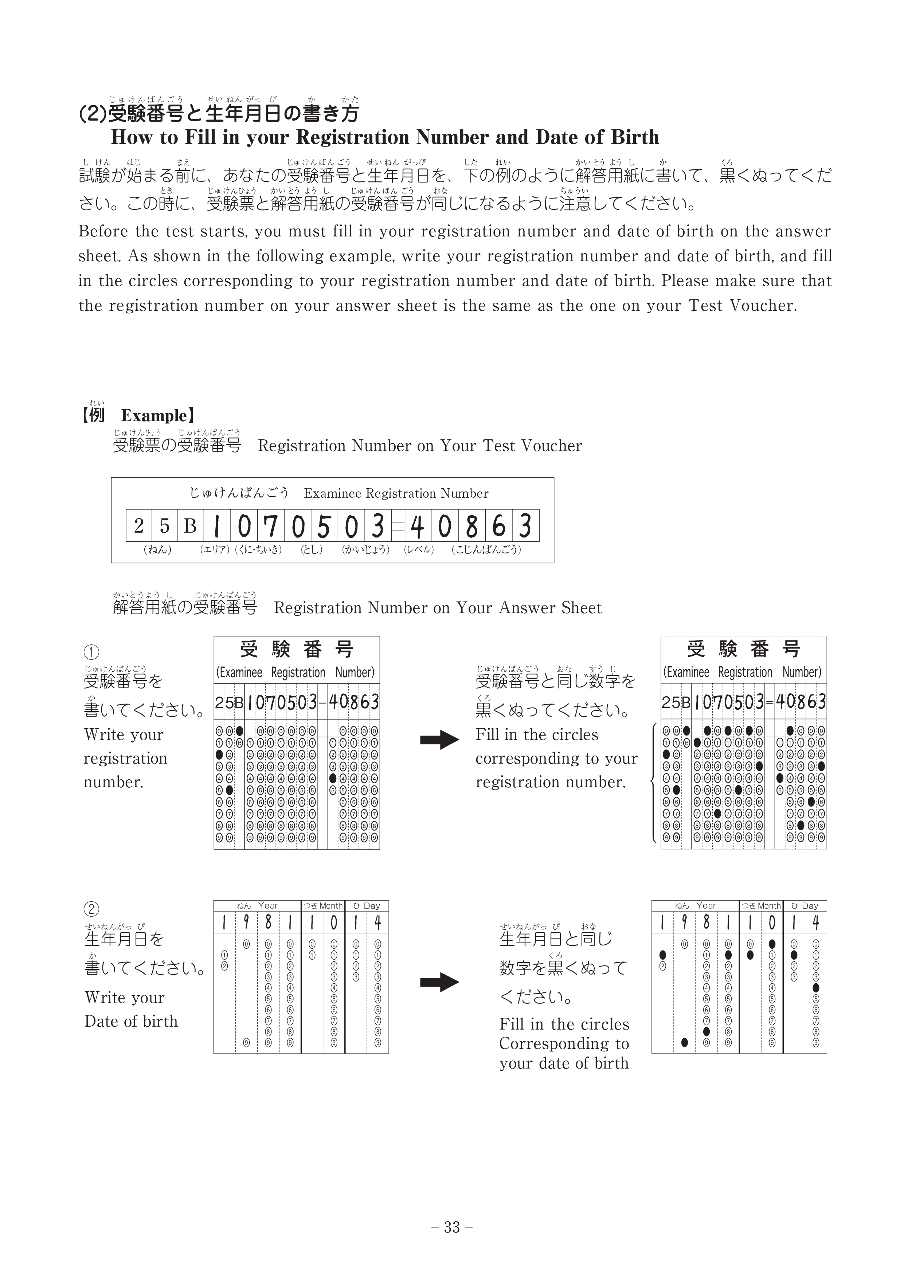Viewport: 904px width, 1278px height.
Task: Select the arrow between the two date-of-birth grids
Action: click(x=439, y=983)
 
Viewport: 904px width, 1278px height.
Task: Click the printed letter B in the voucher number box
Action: click(x=190, y=525)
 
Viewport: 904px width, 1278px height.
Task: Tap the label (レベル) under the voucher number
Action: click(x=419, y=550)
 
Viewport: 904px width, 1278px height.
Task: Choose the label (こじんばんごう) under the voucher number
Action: click(x=486, y=550)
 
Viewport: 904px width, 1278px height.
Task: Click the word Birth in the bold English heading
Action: click(x=635, y=137)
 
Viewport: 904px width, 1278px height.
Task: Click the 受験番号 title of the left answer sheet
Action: click(x=297, y=649)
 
